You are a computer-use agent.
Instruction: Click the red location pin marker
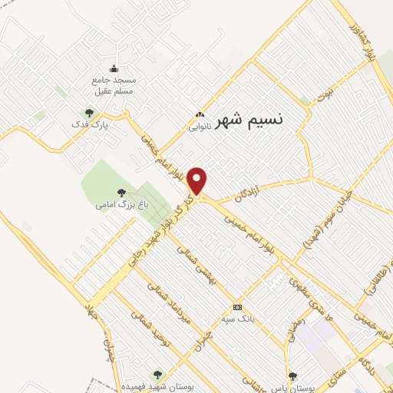(198, 181)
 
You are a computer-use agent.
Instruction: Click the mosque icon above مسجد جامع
(114, 68)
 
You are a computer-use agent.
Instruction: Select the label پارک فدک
(98, 124)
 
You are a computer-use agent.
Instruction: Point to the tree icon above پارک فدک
(89, 113)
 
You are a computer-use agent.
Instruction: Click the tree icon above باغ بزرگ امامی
(121, 193)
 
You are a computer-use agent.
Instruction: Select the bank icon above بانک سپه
(237, 306)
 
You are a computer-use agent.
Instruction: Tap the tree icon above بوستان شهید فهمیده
(157, 375)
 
